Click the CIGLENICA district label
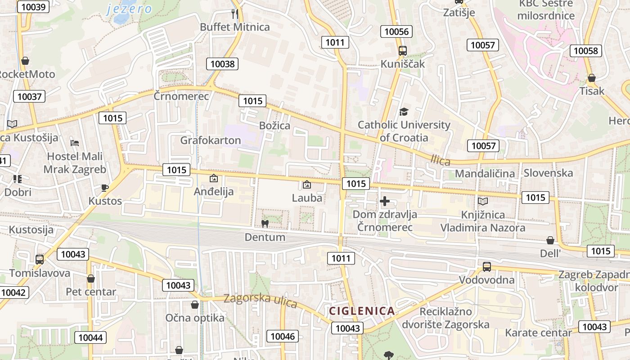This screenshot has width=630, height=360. click(362, 310)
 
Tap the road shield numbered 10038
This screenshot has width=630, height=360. click(222, 64)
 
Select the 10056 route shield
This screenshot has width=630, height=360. click(396, 31)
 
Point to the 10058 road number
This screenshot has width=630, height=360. click(586, 51)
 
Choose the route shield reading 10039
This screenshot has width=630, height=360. click(33, 7)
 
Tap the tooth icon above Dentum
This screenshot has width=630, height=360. click(265, 224)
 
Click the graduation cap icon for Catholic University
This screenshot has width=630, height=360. click(404, 112)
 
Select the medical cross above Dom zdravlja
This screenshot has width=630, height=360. click(384, 201)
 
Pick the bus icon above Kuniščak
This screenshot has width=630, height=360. click(402, 51)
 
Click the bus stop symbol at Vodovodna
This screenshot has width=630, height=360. click(486, 267)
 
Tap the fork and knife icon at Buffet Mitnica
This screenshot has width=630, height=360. click(234, 14)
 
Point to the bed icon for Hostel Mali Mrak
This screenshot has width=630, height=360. click(75, 143)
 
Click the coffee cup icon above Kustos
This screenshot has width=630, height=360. click(104, 188)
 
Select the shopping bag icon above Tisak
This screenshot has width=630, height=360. click(591, 78)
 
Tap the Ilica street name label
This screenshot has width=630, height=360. click(440, 160)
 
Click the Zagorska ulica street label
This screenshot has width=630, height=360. click(260, 300)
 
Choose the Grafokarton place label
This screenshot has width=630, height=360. click(211, 140)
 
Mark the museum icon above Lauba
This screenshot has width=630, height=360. click(307, 184)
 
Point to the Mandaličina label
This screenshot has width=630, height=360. click(485, 173)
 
